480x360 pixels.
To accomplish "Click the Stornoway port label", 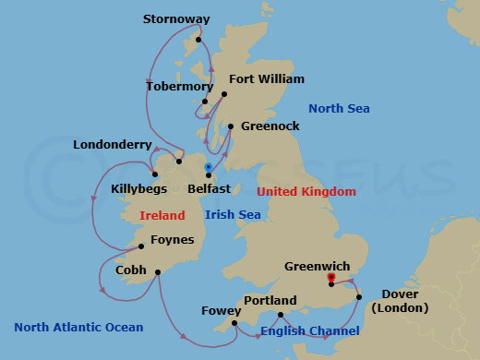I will click(x=176, y=18).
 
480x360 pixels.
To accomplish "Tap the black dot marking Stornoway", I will click(x=198, y=41).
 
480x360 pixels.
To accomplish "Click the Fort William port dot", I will click(x=223, y=94).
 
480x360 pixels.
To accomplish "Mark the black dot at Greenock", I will click(x=230, y=126).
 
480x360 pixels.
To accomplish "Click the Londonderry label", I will click(x=112, y=144).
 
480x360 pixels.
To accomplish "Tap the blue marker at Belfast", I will click(x=209, y=168).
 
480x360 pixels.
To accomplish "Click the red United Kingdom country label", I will click(x=306, y=192).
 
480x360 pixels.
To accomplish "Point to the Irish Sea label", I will click(x=233, y=215).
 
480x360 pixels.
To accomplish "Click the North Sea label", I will click(x=339, y=109).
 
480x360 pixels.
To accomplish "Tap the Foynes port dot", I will click(x=140, y=246).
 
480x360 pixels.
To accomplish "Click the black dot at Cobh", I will click(x=159, y=271).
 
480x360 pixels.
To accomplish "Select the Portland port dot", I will click(x=280, y=315).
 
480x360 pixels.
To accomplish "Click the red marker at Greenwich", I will click(x=330, y=278).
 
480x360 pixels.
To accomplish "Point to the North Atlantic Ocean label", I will click(x=78, y=328).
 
